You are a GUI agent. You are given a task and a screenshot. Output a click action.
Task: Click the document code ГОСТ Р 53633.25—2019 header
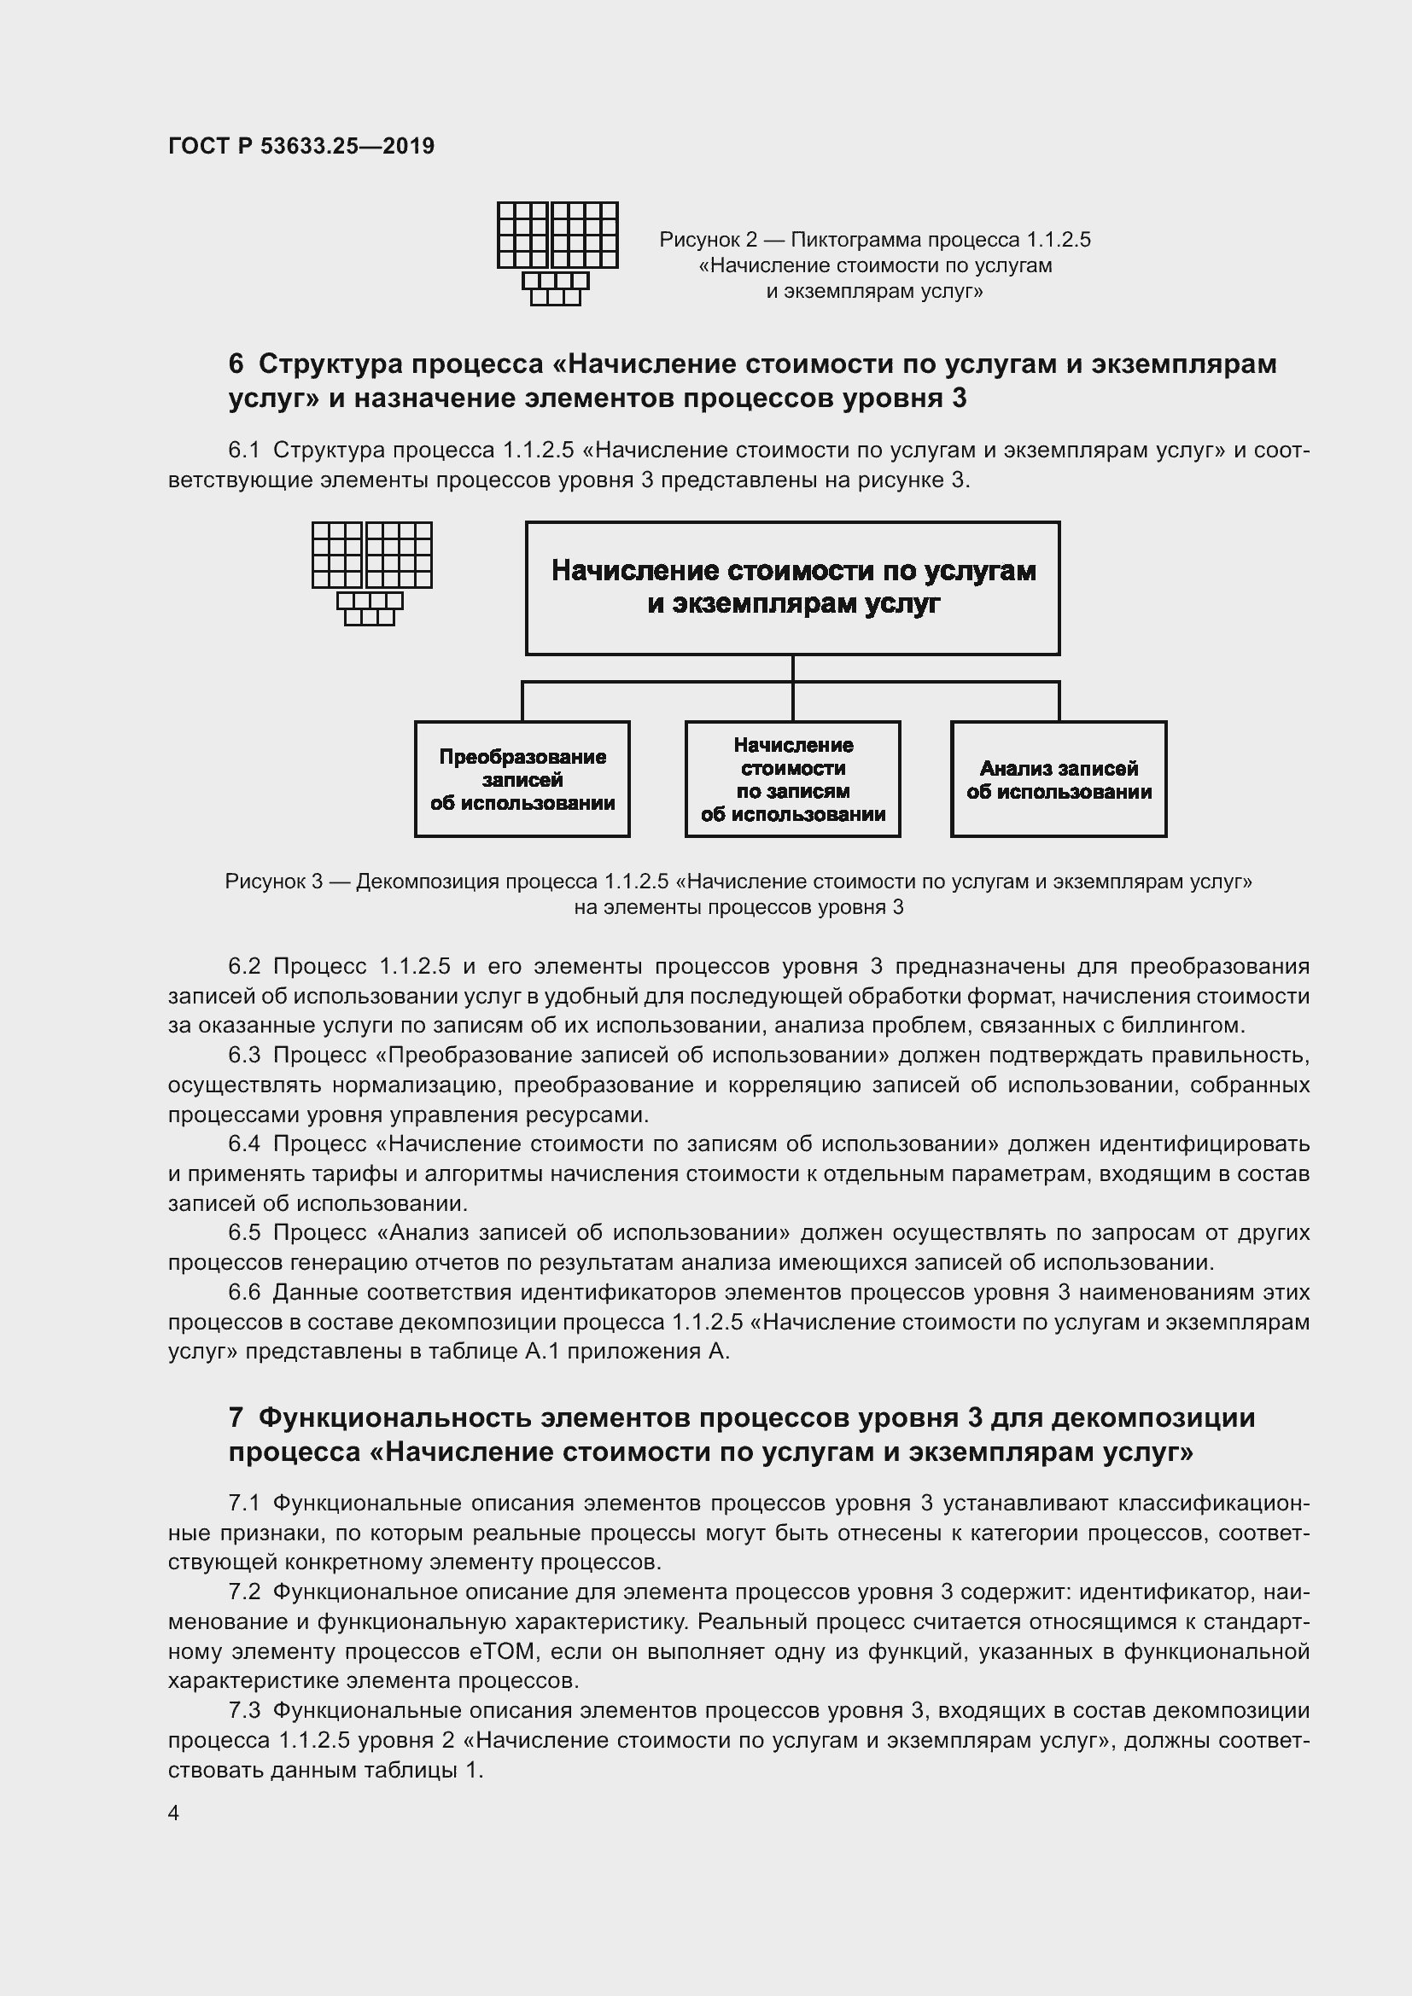tap(300, 146)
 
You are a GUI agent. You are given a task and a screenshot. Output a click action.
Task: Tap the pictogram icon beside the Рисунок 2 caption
tap(557, 253)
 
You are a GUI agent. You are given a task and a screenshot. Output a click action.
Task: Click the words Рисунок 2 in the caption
tap(708, 239)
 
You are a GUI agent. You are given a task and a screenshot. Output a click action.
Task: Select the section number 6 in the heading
tap(236, 364)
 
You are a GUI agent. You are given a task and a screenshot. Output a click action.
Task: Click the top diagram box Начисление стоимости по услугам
tap(792, 588)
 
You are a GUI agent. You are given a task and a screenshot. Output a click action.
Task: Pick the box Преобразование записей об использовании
tap(522, 779)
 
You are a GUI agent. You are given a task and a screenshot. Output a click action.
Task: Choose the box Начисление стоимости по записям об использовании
tap(792, 779)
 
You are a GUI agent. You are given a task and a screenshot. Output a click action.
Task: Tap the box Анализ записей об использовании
tap(1058, 779)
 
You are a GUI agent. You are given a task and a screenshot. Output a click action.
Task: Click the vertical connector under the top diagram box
tap(792, 667)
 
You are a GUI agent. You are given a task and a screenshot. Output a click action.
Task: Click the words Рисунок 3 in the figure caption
tap(274, 882)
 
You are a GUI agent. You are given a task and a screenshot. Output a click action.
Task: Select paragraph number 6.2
tap(244, 967)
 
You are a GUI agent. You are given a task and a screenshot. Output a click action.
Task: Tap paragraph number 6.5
tap(244, 1233)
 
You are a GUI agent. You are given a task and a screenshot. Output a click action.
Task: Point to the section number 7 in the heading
tap(236, 1418)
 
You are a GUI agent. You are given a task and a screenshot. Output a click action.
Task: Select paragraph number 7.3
tap(244, 1710)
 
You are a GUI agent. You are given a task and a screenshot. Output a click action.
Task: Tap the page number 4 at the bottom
tap(174, 1813)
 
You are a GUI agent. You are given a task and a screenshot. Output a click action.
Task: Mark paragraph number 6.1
tap(244, 451)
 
